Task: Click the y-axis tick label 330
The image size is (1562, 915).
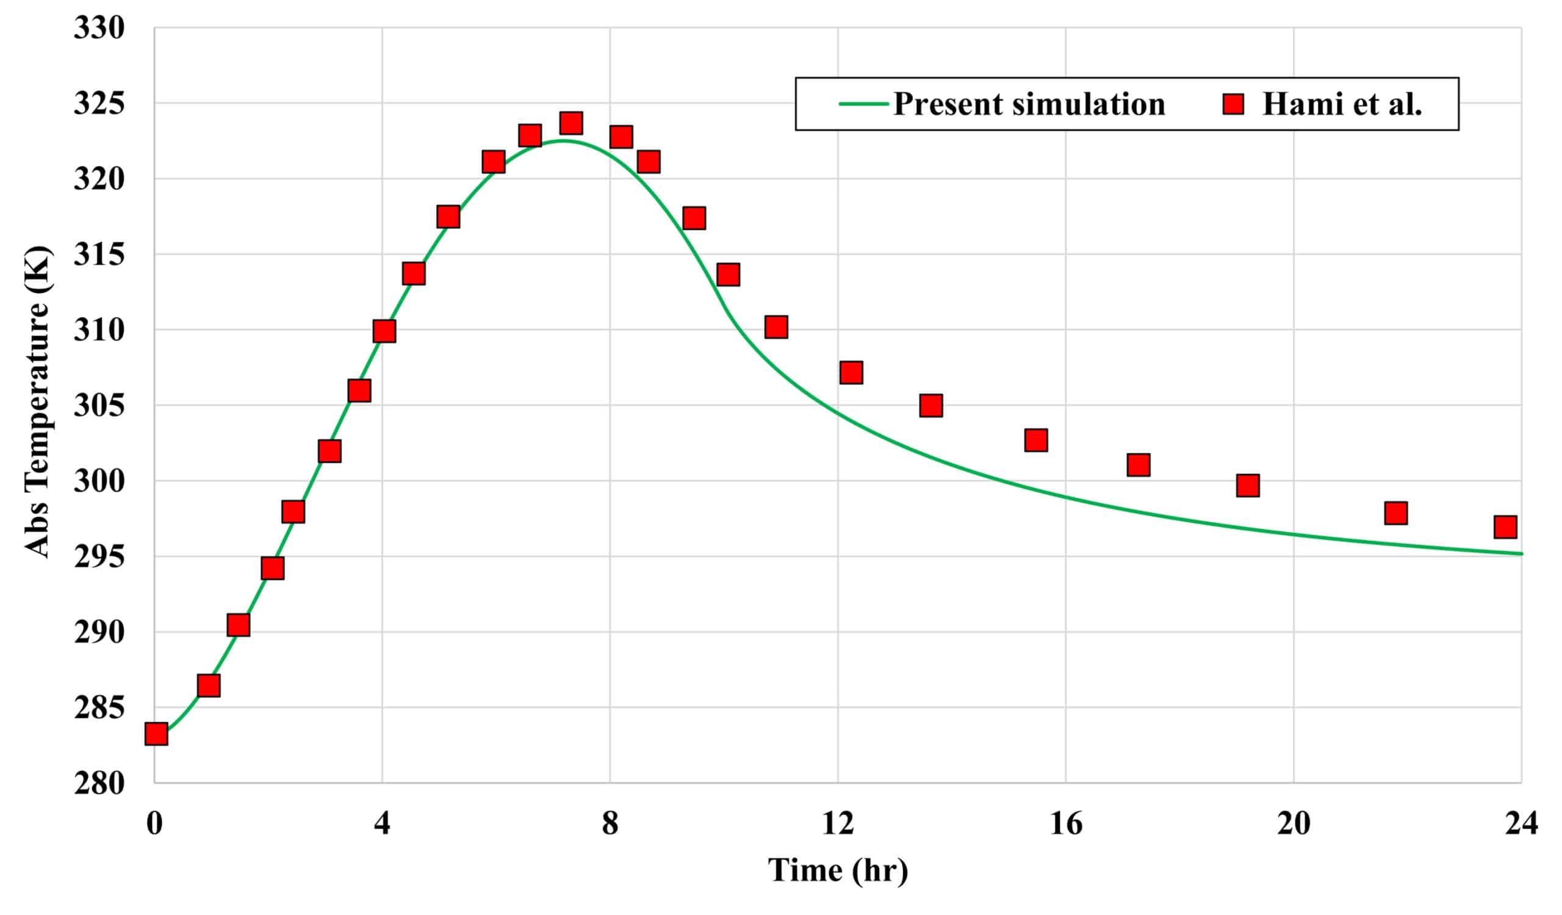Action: (x=99, y=29)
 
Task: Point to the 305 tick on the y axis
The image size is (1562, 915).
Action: (x=99, y=406)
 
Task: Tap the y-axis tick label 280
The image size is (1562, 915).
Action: (x=99, y=784)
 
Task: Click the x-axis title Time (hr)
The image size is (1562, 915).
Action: (x=837, y=870)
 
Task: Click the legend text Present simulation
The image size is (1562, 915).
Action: (x=1028, y=104)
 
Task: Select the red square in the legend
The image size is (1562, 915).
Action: (x=1233, y=104)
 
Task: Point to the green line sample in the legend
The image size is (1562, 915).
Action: (x=863, y=104)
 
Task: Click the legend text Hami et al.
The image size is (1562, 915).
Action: (x=1342, y=104)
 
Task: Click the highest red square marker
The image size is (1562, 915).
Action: (x=570, y=123)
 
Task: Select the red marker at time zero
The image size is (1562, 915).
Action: (x=156, y=734)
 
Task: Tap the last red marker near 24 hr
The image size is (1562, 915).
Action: (x=1505, y=526)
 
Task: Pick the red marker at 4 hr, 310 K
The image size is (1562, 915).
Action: (x=384, y=331)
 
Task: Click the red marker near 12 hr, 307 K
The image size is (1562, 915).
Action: (x=851, y=372)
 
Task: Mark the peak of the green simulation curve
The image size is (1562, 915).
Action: (x=562, y=141)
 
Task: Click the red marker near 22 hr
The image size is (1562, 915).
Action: (x=1395, y=513)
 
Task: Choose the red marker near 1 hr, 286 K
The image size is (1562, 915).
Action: (x=208, y=686)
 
